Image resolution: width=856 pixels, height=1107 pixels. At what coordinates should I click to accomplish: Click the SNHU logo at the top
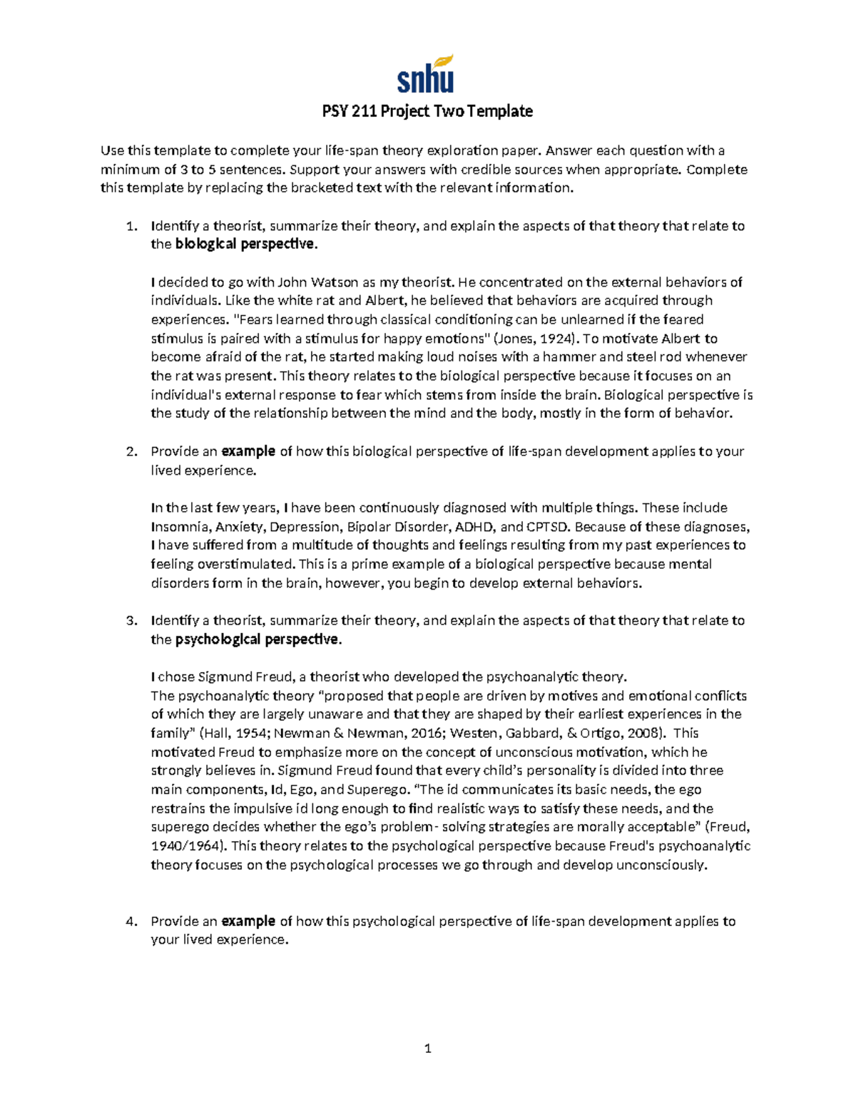[426, 75]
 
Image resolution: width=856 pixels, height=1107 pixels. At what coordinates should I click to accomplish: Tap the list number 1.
[130, 226]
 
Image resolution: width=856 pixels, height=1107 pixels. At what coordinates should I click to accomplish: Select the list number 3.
[130, 620]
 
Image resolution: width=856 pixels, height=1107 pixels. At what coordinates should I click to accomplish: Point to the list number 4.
[130, 921]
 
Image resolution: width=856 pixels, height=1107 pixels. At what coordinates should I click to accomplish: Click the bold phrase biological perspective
[244, 244]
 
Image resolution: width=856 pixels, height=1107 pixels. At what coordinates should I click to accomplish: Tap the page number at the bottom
[427, 1049]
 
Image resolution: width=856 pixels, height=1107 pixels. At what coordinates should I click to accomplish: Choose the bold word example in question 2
[248, 451]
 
